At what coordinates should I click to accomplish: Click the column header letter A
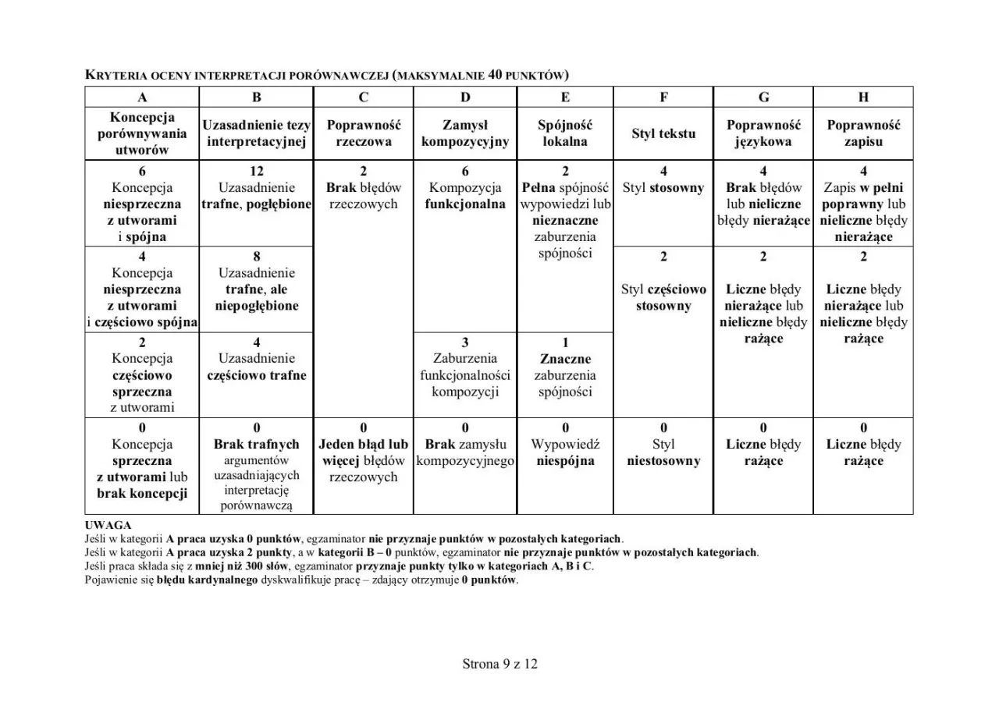click(142, 98)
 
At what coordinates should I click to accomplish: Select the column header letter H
click(863, 98)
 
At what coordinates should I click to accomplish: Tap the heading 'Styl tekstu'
click(663, 133)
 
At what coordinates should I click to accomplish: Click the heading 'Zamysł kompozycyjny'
click(465, 133)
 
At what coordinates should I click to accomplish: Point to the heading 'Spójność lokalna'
click(565, 133)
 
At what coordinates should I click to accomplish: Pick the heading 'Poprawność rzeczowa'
click(364, 133)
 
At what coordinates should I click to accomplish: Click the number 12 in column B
click(257, 171)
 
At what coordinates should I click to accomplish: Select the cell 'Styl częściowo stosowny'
click(663, 297)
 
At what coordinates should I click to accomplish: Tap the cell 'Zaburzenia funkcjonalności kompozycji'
click(465, 375)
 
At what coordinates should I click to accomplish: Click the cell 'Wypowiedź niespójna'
click(565, 452)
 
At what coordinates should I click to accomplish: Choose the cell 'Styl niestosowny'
click(663, 452)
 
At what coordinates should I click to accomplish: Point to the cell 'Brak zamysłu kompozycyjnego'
click(465, 452)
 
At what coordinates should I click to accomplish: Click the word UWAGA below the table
click(108, 526)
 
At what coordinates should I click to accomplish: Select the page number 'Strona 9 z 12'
click(499, 665)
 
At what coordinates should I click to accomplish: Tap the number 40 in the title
click(495, 75)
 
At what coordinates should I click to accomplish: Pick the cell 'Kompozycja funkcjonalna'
click(465, 196)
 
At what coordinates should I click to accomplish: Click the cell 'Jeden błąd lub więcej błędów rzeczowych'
click(364, 460)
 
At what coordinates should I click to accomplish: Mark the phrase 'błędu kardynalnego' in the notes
click(207, 580)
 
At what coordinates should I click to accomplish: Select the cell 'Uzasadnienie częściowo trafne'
click(257, 367)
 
